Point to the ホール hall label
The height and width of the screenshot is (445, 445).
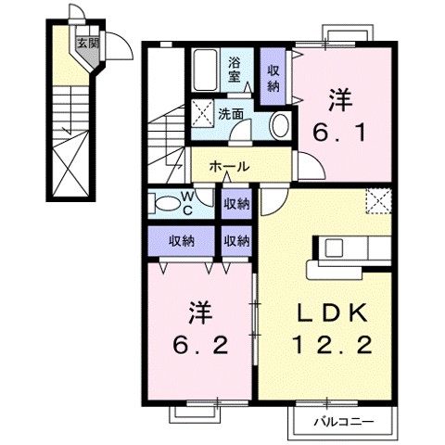[x=228, y=167]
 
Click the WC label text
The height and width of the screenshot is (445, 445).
[x=187, y=204]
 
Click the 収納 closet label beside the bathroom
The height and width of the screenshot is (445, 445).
[x=274, y=78]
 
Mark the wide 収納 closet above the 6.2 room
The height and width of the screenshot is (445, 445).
[x=181, y=241]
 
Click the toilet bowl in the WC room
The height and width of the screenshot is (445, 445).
[x=165, y=203]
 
